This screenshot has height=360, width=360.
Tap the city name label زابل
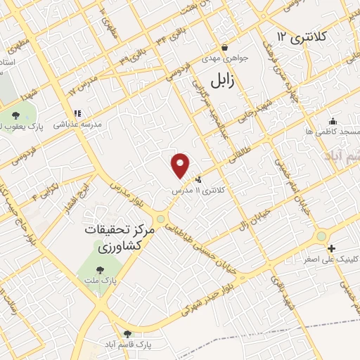[x=243, y=82]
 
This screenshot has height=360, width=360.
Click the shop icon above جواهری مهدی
[x=224, y=48]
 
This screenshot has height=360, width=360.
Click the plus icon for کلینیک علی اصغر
[x=331, y=248]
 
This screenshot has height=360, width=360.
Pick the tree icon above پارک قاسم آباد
[x=127, y=334]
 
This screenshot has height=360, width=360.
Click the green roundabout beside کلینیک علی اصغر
[x=321, y=236]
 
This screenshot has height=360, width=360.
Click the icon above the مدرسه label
[x=78, y=112]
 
